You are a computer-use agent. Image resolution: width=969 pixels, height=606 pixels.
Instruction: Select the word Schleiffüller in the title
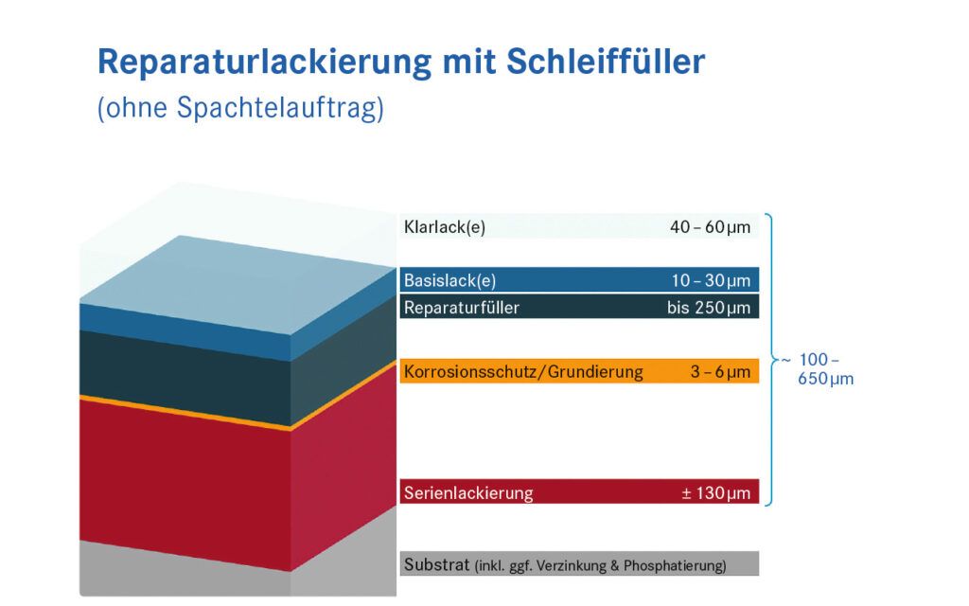pyautogui.click(x=606, y=62)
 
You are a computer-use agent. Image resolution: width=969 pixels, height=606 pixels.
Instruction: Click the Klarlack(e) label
pyautogui.click(x=444, y=227)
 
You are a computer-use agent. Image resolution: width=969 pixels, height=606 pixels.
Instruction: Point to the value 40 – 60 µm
pyautogui.click(x=710, y=227)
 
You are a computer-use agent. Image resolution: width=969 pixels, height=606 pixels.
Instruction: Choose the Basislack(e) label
pyautogui.click(x=449, y=280)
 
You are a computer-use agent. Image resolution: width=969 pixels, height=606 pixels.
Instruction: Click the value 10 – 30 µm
pyautogui.click(x=710, y=280)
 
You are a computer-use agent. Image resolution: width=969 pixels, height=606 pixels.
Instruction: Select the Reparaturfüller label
pyautogui.click(x=461, y=307)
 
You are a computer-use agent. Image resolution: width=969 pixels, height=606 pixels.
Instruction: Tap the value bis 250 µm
pyautogui.click(x=708, y=307)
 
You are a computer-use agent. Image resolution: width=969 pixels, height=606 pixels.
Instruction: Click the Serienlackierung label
pyautogui.click(x=468, y=492)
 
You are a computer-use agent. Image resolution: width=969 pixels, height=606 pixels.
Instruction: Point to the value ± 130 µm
pyautogui.click(x=715, y=492)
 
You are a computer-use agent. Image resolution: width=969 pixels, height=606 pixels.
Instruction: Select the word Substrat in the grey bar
pyautogui.click(x=436, y=565)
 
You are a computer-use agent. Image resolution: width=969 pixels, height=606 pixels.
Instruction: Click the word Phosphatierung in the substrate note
pyautogui.click(x=673, y=566)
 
